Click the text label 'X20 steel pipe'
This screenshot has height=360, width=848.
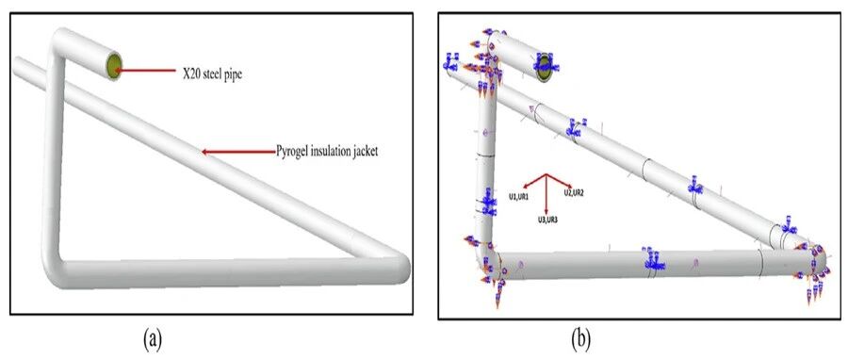[212, 74]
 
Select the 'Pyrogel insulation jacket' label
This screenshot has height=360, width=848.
[327, 152]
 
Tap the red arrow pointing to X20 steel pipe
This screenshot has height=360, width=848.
[145, 71]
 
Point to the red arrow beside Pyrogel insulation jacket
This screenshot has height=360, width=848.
[237, 152]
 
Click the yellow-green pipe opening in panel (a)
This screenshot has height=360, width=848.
[114, 65]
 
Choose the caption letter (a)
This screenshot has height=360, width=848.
[153, 339]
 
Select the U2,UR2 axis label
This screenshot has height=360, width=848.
[575, 192]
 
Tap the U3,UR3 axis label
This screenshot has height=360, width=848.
[547, 220]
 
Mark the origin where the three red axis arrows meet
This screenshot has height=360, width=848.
[546, 174]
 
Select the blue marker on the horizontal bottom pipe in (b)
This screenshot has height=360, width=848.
[653, 259]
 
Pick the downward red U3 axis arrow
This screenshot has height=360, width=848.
[546, 194]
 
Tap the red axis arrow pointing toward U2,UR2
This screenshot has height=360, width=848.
[559, 181]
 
